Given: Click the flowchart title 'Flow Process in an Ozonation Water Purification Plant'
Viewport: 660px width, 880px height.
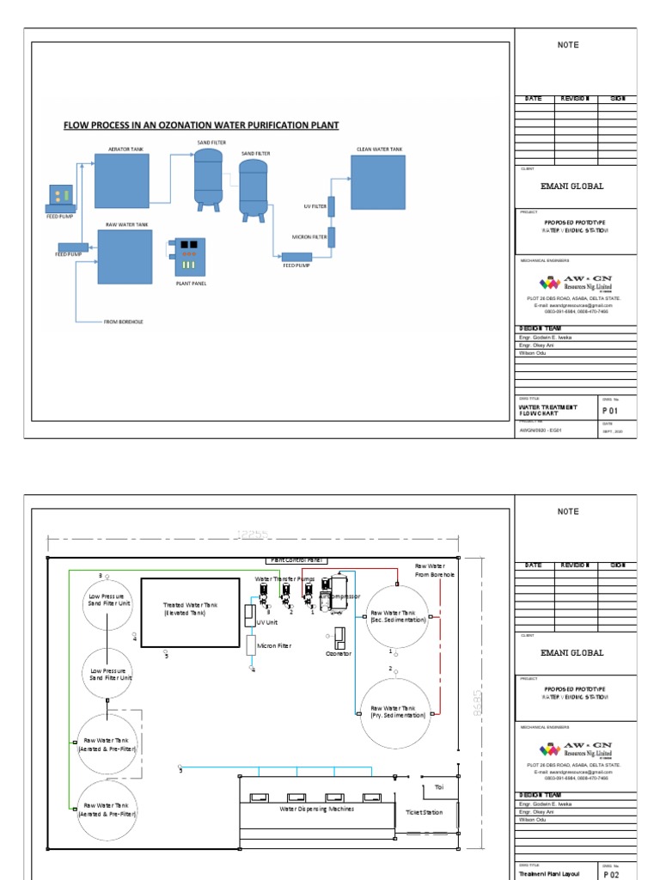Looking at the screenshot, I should click(x=201, y=125).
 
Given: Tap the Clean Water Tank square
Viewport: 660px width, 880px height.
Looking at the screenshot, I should click(x=379, y=181).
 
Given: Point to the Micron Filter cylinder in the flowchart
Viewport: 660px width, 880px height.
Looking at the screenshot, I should click(x=331, y=237).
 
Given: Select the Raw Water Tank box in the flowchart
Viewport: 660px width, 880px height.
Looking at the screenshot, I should click(x=125, y=256).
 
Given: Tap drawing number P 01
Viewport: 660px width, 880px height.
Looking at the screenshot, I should click(x=611, y=411).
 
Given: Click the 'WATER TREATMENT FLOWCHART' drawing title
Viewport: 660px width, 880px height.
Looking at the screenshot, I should click(x=547, y=410).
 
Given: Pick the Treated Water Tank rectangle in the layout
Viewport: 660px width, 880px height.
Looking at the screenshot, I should click(x=190, y=611).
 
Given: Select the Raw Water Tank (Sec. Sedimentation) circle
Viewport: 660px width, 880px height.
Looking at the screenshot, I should click(x=397, y=616).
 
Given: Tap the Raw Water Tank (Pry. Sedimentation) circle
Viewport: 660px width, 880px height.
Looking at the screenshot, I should click(x=397, y=711).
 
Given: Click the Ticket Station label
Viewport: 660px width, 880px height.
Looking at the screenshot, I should click(x=424, y=812).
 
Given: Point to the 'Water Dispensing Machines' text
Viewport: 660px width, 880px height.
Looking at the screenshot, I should click(x=317, y=809).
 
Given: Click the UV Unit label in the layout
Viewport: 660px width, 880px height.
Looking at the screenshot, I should click(x=266, y=622).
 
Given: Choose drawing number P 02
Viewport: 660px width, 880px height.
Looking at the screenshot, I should click(x=611, y=873).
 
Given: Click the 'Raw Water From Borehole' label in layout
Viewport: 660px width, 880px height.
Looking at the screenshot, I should click(x=434, y=570).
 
